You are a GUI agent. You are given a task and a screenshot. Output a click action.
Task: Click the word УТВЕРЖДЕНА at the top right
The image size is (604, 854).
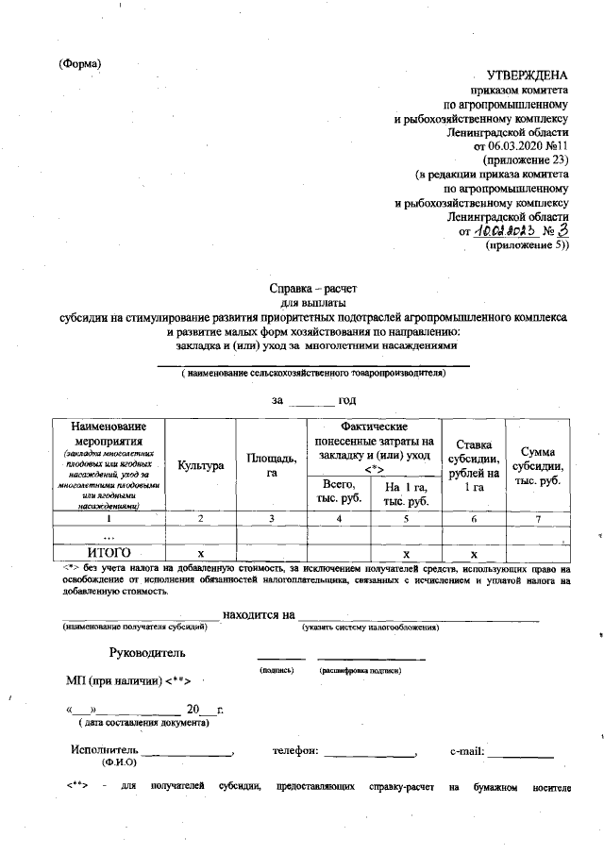(x=528, y=75)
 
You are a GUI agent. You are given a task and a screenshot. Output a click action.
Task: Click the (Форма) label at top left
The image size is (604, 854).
(x=79, y=63)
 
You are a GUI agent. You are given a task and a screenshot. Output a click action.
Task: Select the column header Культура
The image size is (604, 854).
(x=200, y=466)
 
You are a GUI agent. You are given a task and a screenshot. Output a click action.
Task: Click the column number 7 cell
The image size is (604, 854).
(x=536, y=519)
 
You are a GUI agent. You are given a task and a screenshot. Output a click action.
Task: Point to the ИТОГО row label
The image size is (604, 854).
(x=107, y=553)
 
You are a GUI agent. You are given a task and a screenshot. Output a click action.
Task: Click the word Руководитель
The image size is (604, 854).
(x=147, y=652)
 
